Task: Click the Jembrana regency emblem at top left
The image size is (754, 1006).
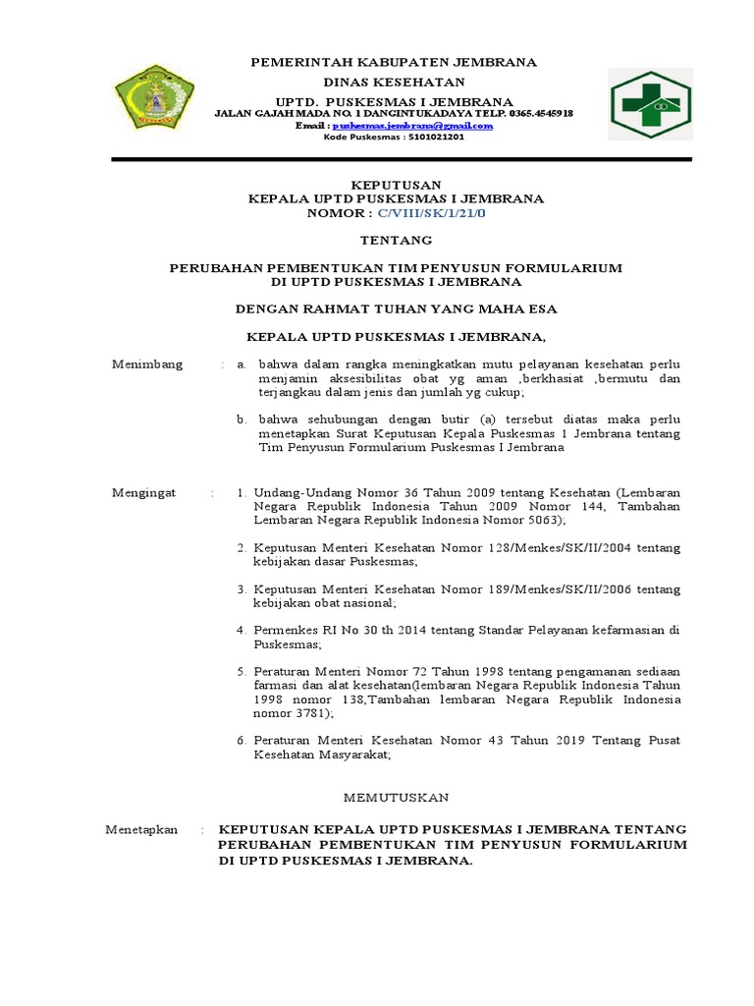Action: (x=153, y=102)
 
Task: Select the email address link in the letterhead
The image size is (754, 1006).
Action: (x=412, y=126)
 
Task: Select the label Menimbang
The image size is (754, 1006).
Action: (x=147, y=364)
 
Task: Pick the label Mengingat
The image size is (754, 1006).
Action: (x=144, y=492)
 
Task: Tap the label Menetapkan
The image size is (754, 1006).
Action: (x=142, y=830)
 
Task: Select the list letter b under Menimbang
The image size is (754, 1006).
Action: (x=241, y=419)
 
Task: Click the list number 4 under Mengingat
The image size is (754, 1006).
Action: (x=241, y=630)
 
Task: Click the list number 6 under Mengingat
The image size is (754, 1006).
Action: (x=241, y=740)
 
